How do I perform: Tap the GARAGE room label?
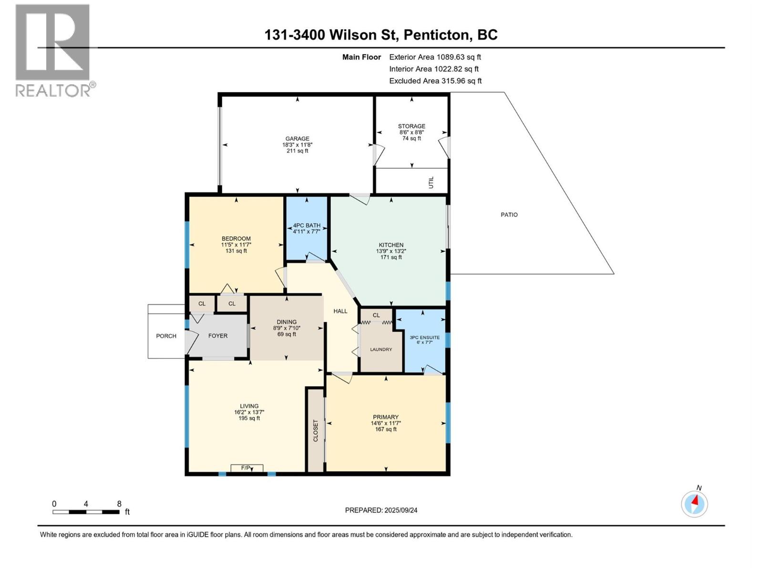coord(297,139)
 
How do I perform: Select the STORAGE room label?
coord(412,126)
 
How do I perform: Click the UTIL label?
coord(431,182)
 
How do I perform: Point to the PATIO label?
coord(509,215)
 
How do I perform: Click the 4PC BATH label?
coord(307,225)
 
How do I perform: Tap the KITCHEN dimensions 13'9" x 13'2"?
coord(391,251)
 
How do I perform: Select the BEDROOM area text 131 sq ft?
coord(236,251)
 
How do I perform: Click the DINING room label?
coord(287,322)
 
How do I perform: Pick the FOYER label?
coord(218,336)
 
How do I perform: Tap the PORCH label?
coord(166,336)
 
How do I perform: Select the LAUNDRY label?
coord(381,349)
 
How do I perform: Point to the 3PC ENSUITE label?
coord(424,337)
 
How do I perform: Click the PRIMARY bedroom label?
coord(385,417)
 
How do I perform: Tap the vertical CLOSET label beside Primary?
coord(315,430)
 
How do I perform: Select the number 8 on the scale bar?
coord(119,504)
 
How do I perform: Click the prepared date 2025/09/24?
coord(401,510)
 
